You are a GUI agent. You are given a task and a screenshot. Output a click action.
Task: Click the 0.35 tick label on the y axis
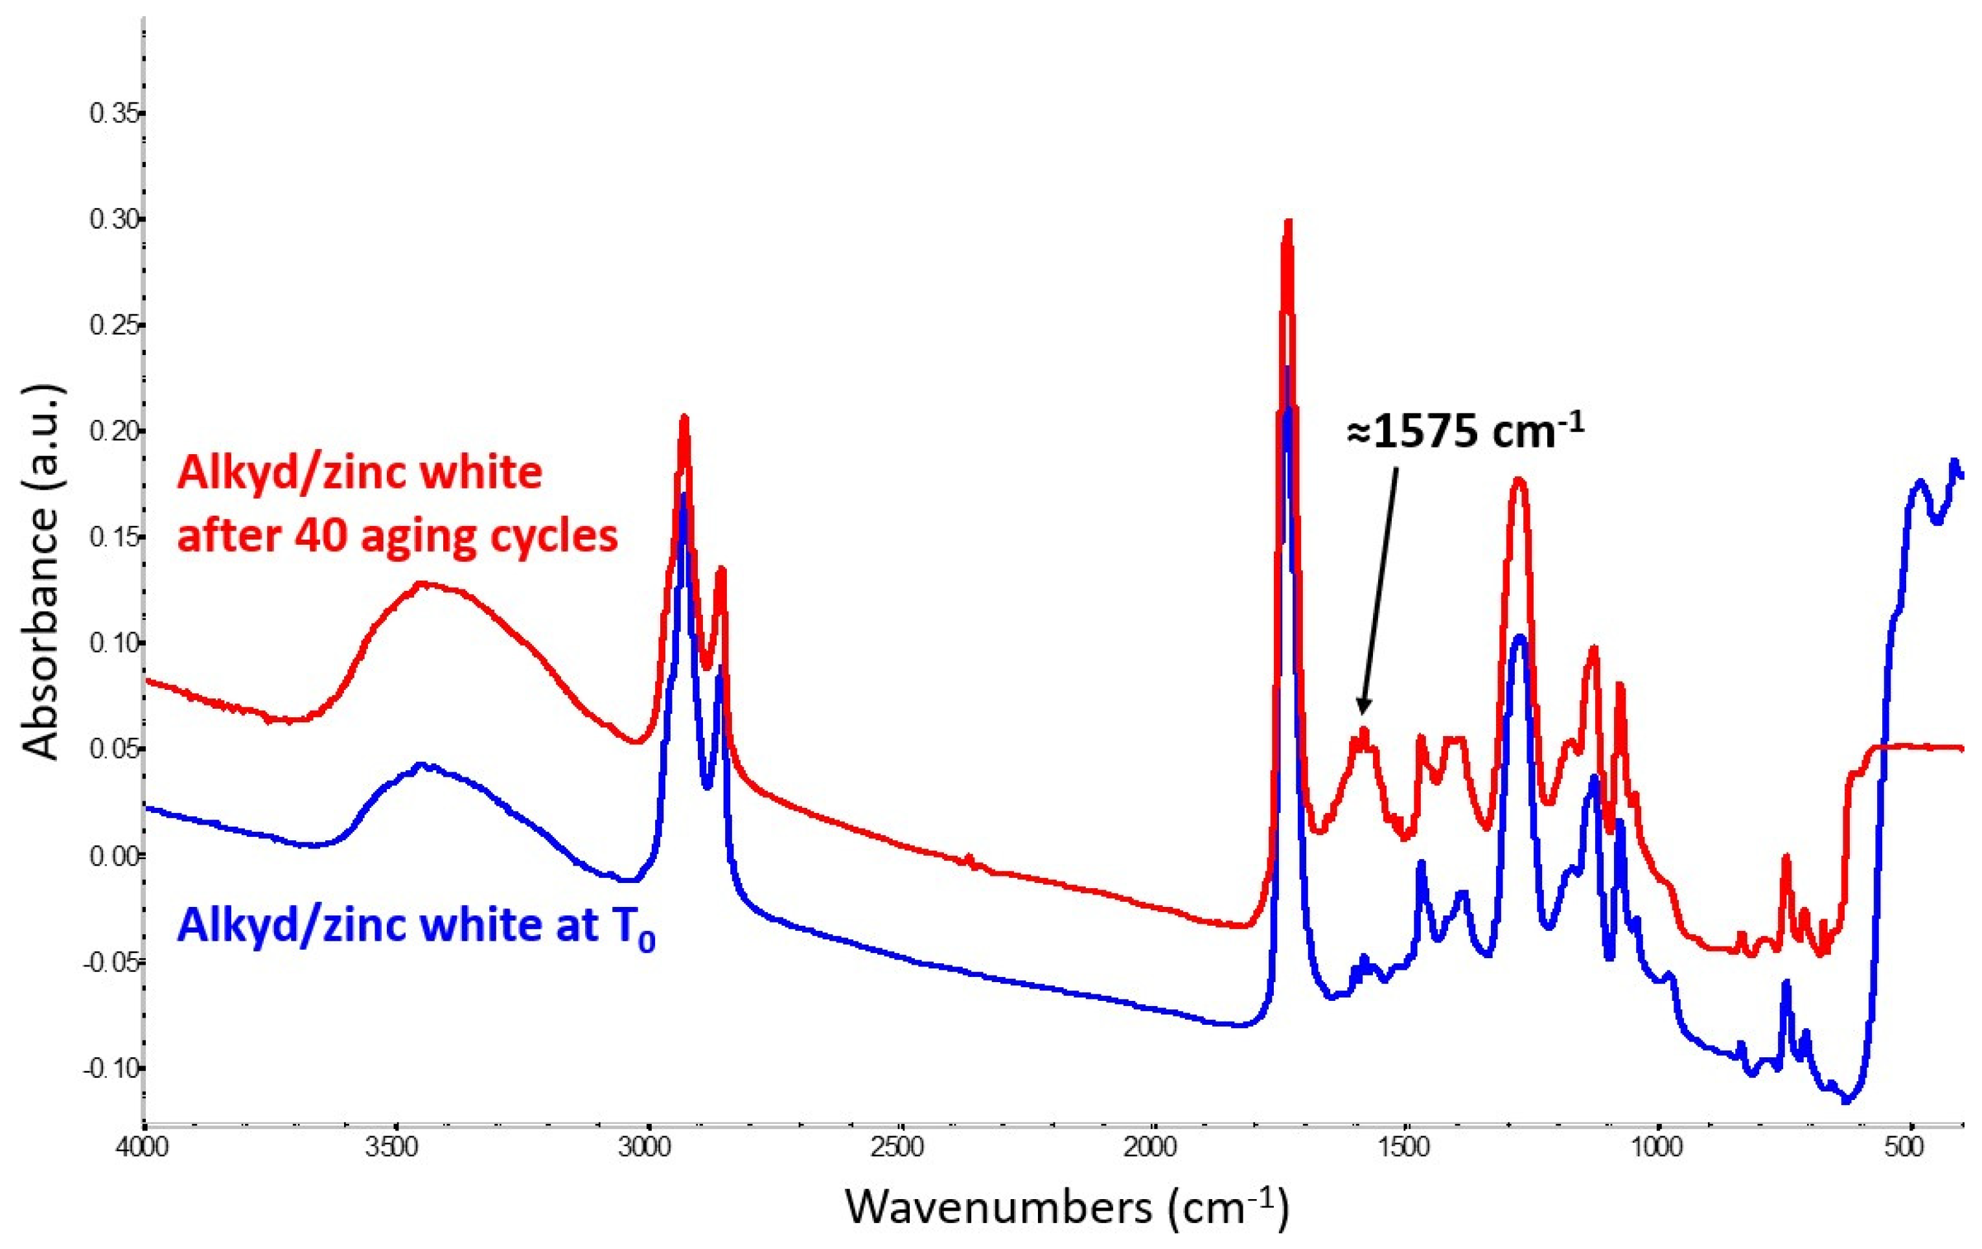click(x=113, y=113)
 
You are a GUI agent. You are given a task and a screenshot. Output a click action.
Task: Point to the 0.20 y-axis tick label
click(x=113, y=432)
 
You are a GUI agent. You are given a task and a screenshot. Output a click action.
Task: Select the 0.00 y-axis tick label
click(x=113, y=856)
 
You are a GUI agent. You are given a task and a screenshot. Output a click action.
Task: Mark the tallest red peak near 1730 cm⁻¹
click(x=1288, y=222)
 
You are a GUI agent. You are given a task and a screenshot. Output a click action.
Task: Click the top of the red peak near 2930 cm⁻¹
click(x=683, y=418)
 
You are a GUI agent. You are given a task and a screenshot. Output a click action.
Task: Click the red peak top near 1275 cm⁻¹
click(x=1519, y=479)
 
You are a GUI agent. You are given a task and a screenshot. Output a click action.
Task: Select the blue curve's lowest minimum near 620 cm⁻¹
click(x=1846, y=1101)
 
